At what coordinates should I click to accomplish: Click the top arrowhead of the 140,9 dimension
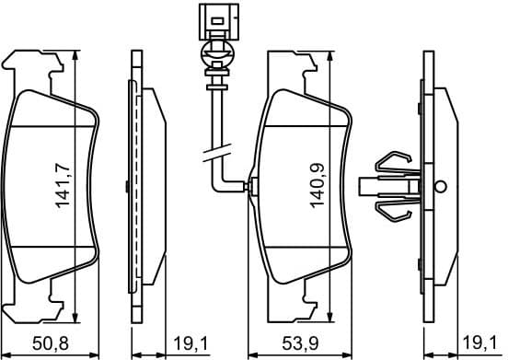click(329, 56)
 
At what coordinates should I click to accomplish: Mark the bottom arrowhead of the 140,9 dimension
click(329, 313)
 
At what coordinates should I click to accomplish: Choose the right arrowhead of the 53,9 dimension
click(349, 354)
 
